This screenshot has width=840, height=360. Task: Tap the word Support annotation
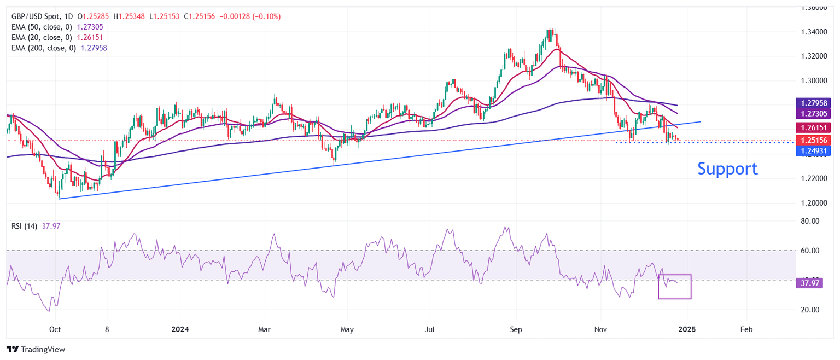727,169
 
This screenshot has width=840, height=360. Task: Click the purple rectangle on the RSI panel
674,287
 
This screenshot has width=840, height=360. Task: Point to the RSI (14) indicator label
24,226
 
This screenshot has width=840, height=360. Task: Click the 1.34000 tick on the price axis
814,32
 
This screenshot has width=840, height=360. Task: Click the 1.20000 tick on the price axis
814,203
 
